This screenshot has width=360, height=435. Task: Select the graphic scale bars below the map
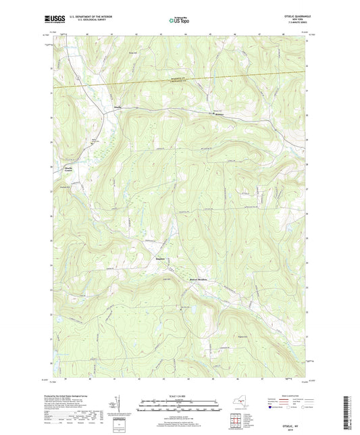click(x=179, y=407)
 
